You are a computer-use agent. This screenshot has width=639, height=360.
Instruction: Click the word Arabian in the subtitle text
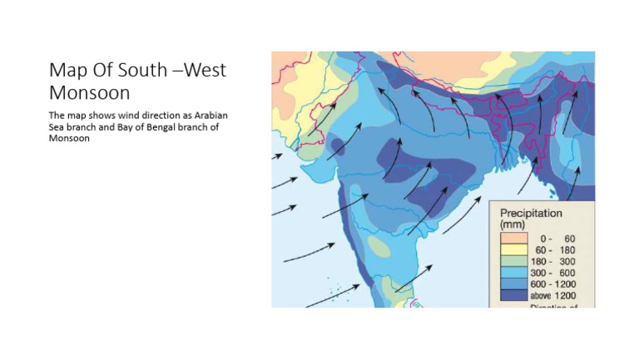click(x=212, y=115)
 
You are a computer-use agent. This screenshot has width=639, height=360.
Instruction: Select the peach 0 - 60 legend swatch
click(x=512, y=239)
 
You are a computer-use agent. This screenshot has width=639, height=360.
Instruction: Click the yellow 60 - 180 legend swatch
click(x=512, y=250)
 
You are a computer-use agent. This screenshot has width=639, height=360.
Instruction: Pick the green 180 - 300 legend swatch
click(x=512, y=262)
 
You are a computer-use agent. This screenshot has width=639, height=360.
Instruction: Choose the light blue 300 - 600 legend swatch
click(x=512, y=274)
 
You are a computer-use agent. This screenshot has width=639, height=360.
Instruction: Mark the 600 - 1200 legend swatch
click(x=512, y=285)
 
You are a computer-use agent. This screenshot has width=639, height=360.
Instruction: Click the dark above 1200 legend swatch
click(x=512, y=297)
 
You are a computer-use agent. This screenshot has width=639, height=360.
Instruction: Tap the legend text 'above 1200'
click(x=552, y=297)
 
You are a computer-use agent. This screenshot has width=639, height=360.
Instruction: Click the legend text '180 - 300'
click(x=553, y=262)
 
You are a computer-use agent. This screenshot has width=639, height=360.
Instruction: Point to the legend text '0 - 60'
click(x=558, y=239)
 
